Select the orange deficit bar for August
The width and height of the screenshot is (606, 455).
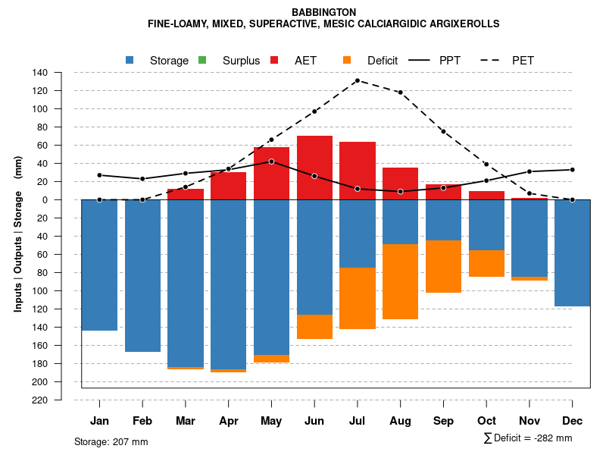400,281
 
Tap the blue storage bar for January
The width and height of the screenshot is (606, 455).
99,265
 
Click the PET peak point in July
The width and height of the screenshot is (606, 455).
358,80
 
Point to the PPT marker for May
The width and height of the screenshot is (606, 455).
271,162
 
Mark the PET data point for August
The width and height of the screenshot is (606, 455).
400,93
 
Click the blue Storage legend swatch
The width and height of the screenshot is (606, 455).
130,60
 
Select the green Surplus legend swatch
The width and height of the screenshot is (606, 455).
202,60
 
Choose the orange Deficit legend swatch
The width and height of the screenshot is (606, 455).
347,60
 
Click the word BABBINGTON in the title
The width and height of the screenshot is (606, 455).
323,12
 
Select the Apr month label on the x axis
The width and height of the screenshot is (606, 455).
228,421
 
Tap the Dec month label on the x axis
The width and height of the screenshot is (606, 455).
572,421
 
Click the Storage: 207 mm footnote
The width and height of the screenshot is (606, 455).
111,441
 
